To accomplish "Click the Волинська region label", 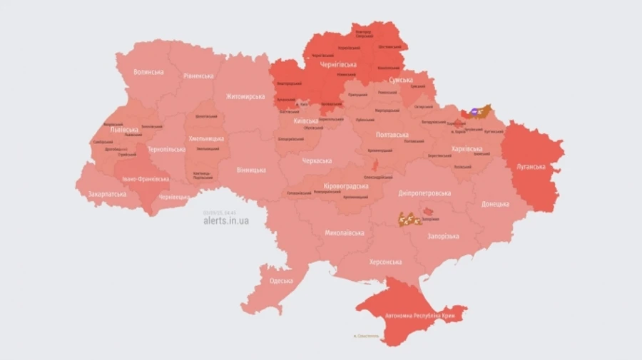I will pyautogui.click(x=148, y=72).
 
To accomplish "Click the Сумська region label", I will pyautogui.click(x=401, y=80).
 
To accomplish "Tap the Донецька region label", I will pyautogui.click(x=495, y=204).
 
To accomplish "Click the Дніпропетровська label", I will pyautogui.click(x=424, y=193).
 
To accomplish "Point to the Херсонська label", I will pyautogui.click(x=385, y=262).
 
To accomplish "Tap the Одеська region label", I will pyautogui.click(x=281, y=280).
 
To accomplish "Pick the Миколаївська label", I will pyautogui.click(x=345, y=232).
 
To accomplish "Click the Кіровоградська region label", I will pyautogui.click(x=346, y=186).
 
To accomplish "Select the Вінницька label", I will pyautogui.click(x=251, y=170).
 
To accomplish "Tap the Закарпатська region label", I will pyautogui.click(x=108, y=194).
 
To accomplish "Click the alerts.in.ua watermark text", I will pyautogui.click(x=225, y=221).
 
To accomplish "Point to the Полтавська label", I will pyautogui.click(x=392, y=134).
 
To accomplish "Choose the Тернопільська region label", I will pyautogui.click(x=166, y=149).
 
